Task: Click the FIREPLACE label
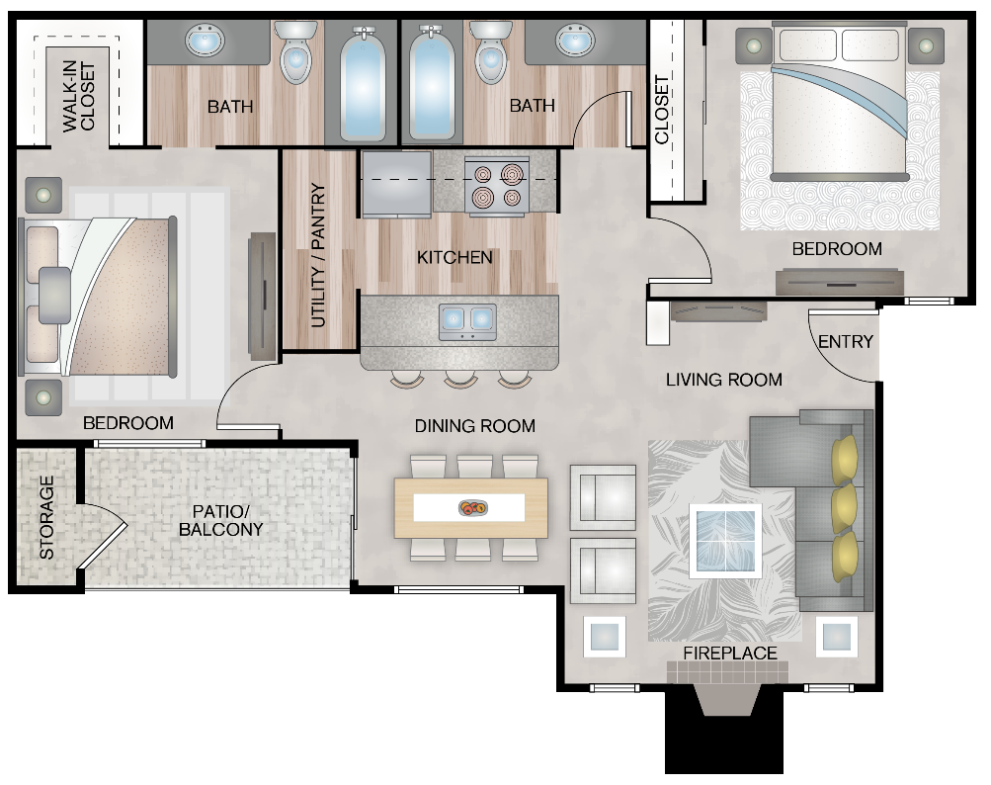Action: coord(730,654)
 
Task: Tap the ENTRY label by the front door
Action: coord(846,342)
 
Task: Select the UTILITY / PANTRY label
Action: coord(318,256)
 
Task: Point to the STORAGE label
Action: coord(46,517)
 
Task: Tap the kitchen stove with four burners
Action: coord(497,186)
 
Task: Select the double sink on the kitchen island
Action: coord(466,319)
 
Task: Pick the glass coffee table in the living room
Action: coord(726,540)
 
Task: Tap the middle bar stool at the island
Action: coord(460,379)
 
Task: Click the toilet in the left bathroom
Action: coord(295,55)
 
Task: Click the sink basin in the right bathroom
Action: coord(574,41)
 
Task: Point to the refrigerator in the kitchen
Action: coord(396,184)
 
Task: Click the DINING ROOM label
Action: coord(474,426)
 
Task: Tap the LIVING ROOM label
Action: coord(723,380)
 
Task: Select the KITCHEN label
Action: coord(454,258)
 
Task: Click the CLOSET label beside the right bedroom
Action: coord(662,110)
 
